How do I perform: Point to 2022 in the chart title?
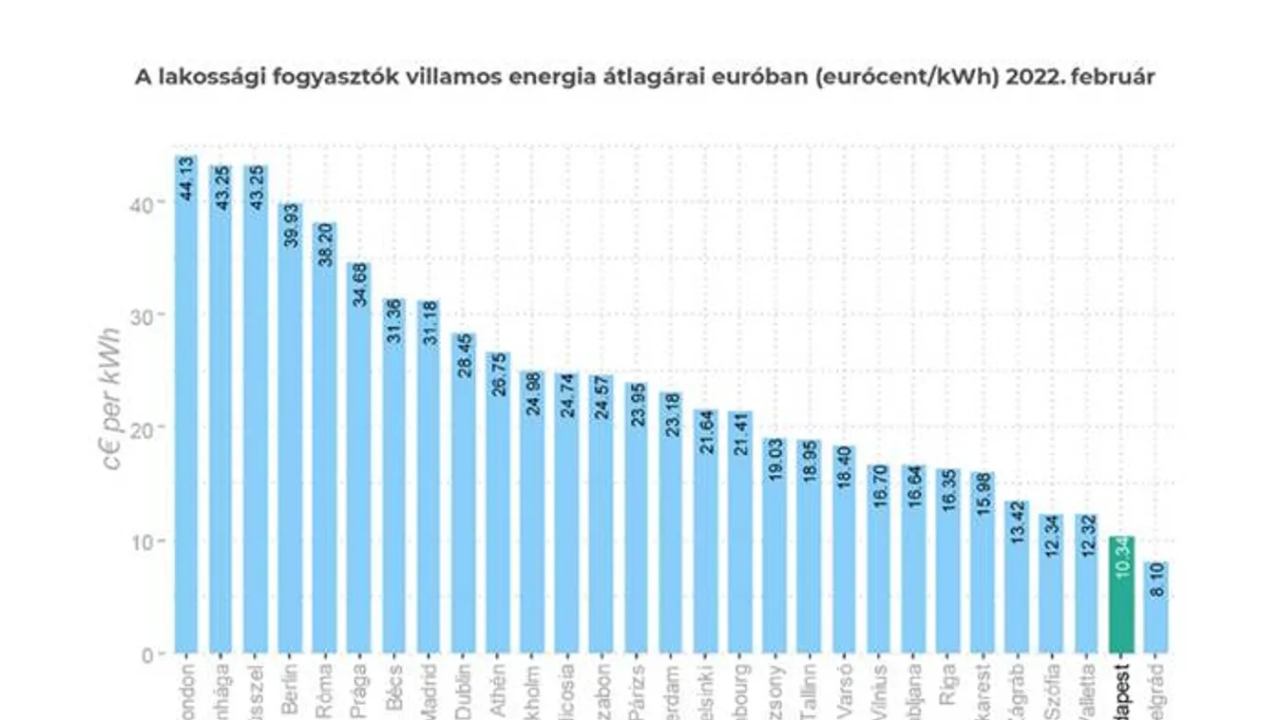(x=1012, y=77)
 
